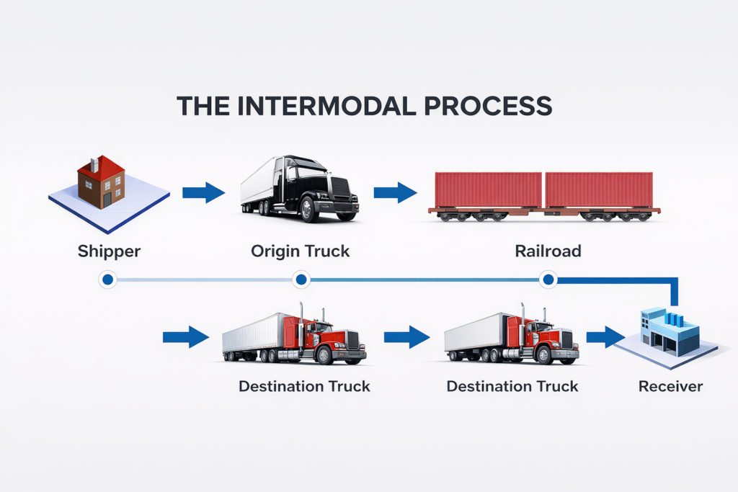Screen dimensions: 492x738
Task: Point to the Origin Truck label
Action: click(300, 252)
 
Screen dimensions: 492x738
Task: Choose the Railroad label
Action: click(548, 252)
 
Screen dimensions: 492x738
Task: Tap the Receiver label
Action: click(670, 387)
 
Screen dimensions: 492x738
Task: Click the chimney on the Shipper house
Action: click(93, 165)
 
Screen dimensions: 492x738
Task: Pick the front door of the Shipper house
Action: click(107, 198)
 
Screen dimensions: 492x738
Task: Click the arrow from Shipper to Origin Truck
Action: click(203, 192)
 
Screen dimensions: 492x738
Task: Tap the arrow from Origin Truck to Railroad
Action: click(395, 192)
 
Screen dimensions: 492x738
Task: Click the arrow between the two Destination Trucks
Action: click(406, 336)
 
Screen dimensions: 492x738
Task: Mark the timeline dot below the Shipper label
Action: click(107, 279)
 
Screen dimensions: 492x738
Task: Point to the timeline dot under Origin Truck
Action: click(301, 279)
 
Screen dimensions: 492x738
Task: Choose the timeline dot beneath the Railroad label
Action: click(548, 279)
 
